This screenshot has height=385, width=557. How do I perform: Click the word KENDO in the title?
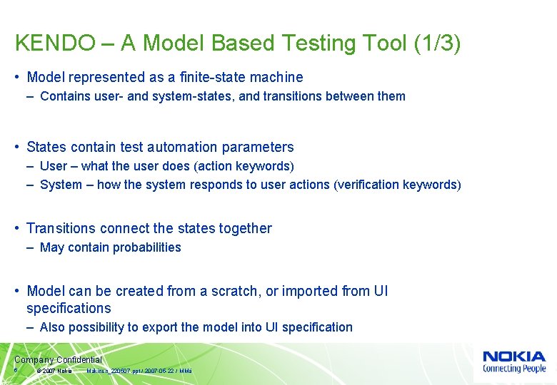click(54, 43)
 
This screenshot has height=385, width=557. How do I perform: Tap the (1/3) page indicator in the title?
click(437, 43)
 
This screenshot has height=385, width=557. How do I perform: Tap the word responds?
click(217, 185)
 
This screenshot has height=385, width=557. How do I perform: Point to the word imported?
click(309, 292)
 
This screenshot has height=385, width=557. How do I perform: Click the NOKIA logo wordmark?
click(513, 356)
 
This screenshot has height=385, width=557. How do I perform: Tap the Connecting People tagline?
click(513, 369)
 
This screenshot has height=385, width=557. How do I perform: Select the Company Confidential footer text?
click(58, 360)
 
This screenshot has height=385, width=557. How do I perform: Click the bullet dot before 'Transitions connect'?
click(17, 229)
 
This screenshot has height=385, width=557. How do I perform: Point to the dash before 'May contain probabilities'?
click(32, 247)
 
